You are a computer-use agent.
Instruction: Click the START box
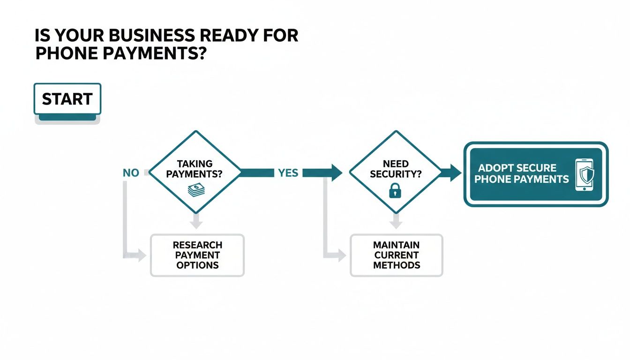pyautogui.click(x=67, y=99)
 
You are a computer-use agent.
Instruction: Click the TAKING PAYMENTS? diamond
pyautogui.click(x=195, y=172)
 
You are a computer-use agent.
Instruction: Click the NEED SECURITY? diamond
pyautogui.click(x=396, y=172)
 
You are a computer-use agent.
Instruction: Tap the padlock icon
pyautogui.click(x=396, y=191)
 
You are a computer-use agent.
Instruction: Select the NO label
pyautogui.click(x=131, y=173)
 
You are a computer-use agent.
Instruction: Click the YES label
pyautogui.click(x=288, y=173)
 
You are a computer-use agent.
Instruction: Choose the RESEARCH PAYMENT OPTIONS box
pyautogui.click(x=197, y=255)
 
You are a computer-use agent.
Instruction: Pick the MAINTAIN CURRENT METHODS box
pyautogui.click(x=396, y=255)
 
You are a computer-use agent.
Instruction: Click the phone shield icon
pyautogui.click(x=584, y=174)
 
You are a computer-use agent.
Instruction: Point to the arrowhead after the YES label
pyautogui.click(x=336, y=173)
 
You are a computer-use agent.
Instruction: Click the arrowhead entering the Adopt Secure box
pyautogui.click(x=455, y=173)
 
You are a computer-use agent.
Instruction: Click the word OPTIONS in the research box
pyautogui.click(x=197, y=265)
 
